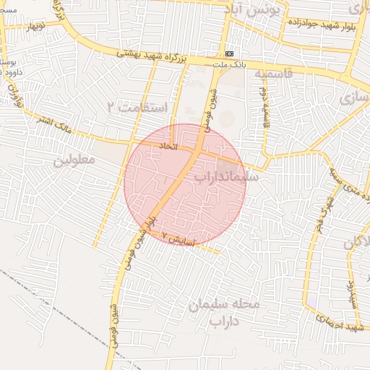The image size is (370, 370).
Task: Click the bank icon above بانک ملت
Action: [x=230, y=53]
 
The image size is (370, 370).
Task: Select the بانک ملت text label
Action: [x=230, y=64]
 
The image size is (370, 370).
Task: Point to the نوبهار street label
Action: [x=32, y=27]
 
